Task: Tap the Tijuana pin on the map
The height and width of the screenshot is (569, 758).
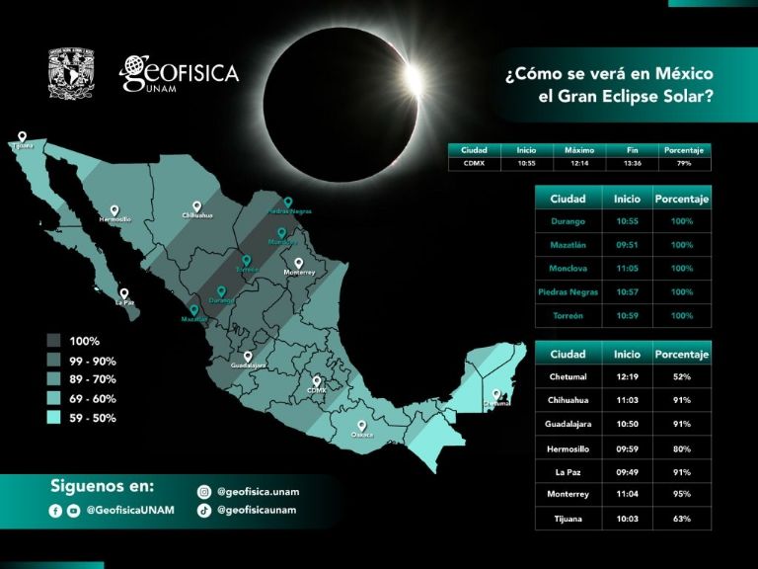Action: coord(22,137)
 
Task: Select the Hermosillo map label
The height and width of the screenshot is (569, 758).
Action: coord(114,219)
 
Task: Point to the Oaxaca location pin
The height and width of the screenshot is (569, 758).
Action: coord(362,428)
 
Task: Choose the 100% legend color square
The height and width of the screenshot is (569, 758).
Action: coord(54,341)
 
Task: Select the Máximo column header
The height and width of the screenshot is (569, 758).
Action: coord(578,150)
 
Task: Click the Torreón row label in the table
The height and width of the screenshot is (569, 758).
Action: coord(568,316)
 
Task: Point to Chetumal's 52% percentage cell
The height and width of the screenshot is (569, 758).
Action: coord(681,376)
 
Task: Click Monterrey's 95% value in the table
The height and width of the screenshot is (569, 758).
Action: coord(681,494)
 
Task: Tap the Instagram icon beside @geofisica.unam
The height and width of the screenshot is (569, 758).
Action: coord(203,491)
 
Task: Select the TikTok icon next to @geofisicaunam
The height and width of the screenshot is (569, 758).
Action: coord(203,510)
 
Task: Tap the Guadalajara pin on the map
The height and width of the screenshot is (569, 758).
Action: coord(248,357)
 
